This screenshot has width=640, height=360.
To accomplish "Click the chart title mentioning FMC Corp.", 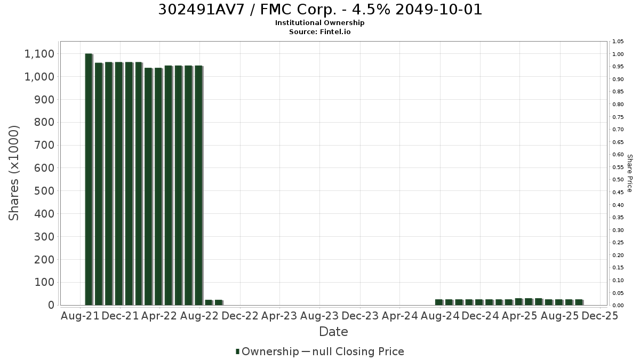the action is [320, 10].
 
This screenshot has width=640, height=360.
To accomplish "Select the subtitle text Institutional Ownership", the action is [319, 23].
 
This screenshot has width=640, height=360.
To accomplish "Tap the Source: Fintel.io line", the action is [319, 31].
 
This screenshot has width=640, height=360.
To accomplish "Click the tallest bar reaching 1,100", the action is [89, 179].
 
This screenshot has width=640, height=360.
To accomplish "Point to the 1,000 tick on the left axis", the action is [39, 77].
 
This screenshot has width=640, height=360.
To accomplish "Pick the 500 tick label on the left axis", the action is [44, 191].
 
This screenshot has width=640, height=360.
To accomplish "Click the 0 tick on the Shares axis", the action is [51, 305].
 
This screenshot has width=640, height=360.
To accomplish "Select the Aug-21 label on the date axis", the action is [80, 316].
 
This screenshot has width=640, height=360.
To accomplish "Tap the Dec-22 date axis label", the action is [240, 316].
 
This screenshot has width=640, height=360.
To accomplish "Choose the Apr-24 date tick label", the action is [399, 316].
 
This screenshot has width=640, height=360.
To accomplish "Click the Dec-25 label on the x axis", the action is [599, 316].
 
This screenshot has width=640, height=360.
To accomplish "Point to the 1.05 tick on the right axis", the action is [618, 42].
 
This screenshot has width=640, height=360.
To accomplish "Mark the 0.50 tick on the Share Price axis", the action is [618, 180].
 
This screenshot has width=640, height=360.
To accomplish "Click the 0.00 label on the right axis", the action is [618, 306].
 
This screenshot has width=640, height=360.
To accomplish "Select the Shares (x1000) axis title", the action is [14, 173].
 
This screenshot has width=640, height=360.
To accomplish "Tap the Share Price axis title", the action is [630, 173].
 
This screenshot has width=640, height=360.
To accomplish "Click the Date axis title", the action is [333, 332].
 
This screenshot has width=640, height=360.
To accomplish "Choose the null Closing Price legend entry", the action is [353, 351].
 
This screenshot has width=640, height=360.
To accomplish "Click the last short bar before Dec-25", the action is [579, 302].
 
